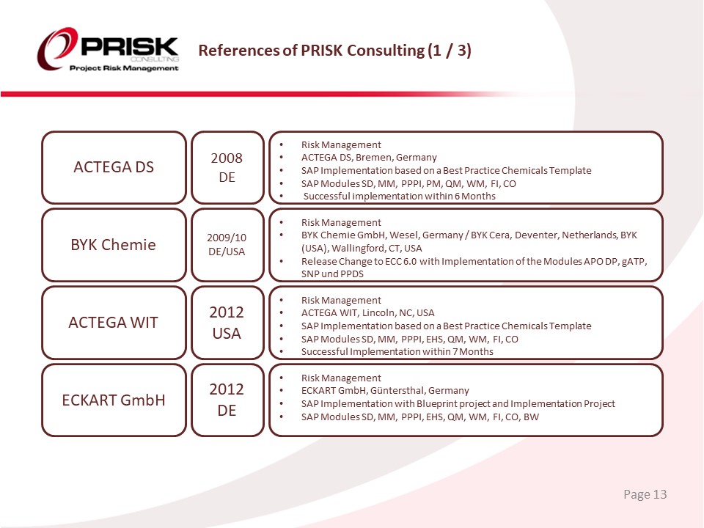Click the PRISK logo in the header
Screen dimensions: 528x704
click(x=109, y=49)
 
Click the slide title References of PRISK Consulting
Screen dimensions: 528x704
click(x=334, y=51)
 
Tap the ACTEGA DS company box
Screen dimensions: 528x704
click(x=114, y=167)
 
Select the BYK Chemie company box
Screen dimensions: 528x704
click(x=114, y=245)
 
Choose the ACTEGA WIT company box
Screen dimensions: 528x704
click(x=114, y=323)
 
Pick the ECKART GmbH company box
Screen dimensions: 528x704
click(x=114, y=400)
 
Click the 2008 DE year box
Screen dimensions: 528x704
click(x=227, y=167)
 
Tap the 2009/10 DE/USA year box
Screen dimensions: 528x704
click(x=227, y=245)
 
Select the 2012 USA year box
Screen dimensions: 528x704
click(x=227, y=323)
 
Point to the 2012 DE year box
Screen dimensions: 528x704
click(x=227, y=400)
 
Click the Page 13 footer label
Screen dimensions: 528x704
click(x=645, y=494)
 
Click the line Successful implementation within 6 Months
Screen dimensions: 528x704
click(x=399, y=197)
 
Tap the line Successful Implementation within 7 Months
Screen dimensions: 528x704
click(x=397, y=352)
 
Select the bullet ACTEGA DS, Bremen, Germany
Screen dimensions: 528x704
click(x=369, y=158)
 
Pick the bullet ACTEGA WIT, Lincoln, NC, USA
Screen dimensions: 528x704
click(x=367, y=313)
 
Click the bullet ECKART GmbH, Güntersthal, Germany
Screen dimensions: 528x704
click(x=385, y=391)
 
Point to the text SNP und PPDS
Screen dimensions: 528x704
click(x=332, y=274)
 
